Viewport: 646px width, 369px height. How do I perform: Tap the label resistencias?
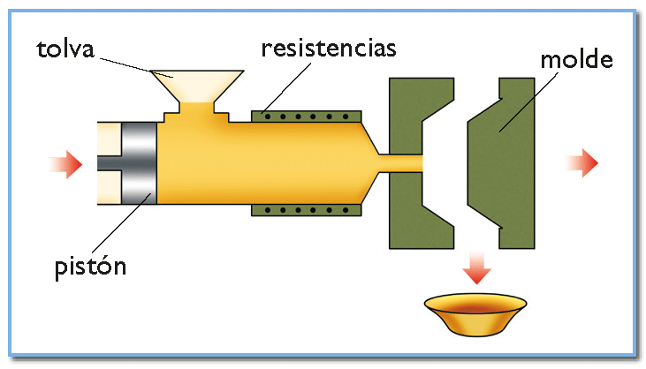(x=329, y=47)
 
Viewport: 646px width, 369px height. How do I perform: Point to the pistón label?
(x=88, y=264)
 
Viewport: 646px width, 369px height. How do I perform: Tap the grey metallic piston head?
(x=138, y=162)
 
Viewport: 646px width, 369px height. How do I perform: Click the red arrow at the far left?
(x=66, y=163)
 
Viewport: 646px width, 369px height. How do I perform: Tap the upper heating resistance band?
(x=307, y=116)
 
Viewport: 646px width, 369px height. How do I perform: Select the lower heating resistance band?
(x=307, y=210)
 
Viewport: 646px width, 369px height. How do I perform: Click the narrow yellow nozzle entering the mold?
(x=401, y=163)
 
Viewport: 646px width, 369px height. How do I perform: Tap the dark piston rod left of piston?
(x=109, y=163)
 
